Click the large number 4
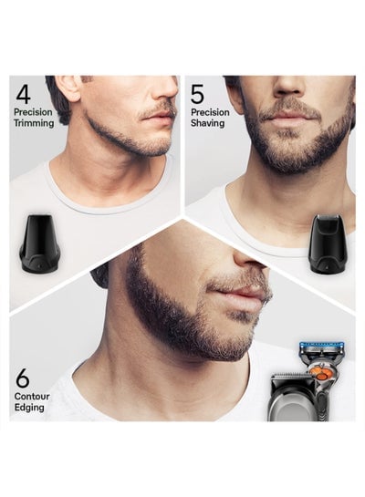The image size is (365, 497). (23, 94)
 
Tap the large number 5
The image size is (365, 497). (197, 95)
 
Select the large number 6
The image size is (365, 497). (23, 378)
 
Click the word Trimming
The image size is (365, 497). (34, 123)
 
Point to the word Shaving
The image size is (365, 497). (208, 123)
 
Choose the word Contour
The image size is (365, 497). (32, 397)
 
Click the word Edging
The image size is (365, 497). (29, 408)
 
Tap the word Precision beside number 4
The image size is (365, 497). (33, 112)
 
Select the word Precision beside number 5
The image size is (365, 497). (210, 112)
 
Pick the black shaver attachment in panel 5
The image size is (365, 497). (328, 243)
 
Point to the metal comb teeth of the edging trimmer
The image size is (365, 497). (288, 378)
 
